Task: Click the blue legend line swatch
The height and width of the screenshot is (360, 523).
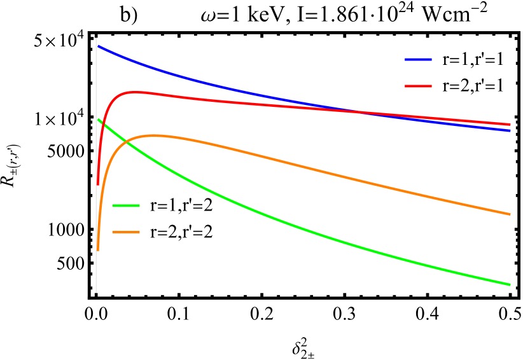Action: tap(418, 59)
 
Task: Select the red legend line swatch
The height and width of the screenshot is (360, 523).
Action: tap(418, 86)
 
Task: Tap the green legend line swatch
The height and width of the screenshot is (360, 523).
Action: tap(125, 205)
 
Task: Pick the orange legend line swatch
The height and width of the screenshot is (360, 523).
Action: tap(125, 232)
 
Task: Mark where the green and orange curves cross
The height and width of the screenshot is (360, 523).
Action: tap(127, 143)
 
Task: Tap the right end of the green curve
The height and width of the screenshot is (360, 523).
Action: tap(510, 284)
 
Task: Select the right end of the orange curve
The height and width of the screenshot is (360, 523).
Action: tap(510, 214)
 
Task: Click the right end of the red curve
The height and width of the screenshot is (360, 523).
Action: tap(510, 125)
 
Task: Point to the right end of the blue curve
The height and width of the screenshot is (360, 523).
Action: tap(510, 130)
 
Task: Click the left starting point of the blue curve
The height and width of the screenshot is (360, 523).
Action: tap(97, 45)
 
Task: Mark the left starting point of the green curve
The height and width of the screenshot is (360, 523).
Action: tap(97, 118)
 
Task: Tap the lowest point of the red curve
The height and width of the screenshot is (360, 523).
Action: tap(97, 184)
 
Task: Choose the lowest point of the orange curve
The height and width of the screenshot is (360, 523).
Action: tap(97, 250)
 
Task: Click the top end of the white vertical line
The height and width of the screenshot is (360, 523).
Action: tap(96, 38)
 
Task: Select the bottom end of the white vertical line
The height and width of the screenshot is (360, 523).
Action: tap(96, 293)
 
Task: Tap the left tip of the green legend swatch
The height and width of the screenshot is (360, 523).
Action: tap(113, 205)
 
